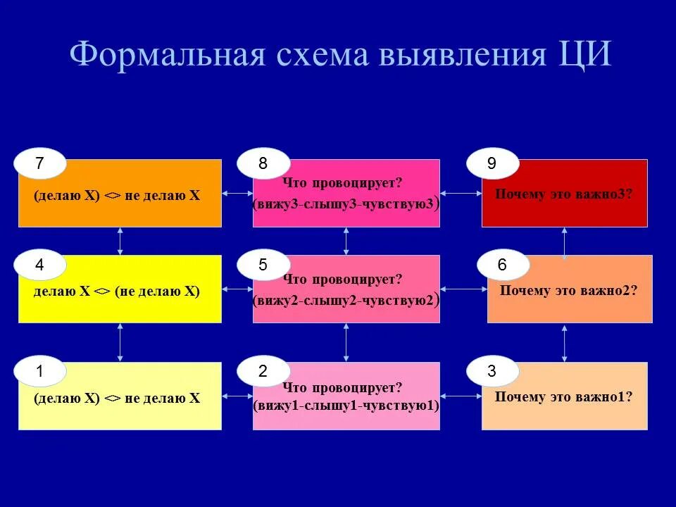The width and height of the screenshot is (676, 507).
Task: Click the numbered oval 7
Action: tap(39, 164)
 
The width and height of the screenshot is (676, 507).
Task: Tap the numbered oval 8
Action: tap(263, 164)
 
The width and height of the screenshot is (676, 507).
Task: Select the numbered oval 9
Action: tap(492, 164)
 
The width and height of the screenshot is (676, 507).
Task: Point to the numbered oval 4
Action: tap(39, 265)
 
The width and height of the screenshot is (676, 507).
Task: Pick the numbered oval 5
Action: tap(263, 265)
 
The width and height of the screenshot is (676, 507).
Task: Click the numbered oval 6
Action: tap(502, 265)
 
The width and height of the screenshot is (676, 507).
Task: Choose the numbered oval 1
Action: tap(39, 373)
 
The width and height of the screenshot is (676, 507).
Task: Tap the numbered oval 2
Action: tap(263, 373)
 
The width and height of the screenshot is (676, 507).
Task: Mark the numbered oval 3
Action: tap(492, 373)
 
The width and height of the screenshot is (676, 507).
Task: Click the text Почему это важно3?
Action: tap(563, 194)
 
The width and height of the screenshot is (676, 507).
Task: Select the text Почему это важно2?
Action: tap(568, 290)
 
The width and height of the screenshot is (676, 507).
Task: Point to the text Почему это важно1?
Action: tap(563, 396)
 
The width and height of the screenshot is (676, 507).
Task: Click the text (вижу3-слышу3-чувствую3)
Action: tap(346, 204)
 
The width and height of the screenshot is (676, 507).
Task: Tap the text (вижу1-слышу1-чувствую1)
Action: tap(346, 406)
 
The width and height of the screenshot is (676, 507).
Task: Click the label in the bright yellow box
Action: tap(117, 291)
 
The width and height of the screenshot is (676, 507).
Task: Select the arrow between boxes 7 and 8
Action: tap(237, 193)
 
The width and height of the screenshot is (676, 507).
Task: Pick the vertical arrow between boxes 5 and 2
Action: tap(346, 342)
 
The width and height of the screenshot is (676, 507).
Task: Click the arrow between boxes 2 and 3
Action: tap(461, 396)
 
